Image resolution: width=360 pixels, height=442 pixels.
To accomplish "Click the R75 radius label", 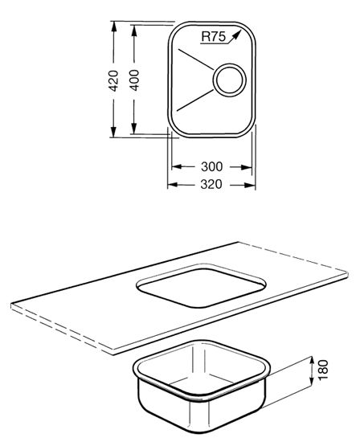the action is (x=214, y=37).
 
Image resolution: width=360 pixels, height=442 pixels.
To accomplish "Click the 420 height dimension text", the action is (x=113, y=80).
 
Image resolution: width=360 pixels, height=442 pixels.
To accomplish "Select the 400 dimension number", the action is (x=134, y=80).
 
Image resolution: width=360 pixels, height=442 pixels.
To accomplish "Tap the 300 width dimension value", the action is (x=211, y=166).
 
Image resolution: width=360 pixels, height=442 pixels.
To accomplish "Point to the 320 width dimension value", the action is (x=211, y=184).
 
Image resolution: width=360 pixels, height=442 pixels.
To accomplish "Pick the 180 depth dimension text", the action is (x=323, y=370).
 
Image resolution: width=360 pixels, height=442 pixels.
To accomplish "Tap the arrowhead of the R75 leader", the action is (x=236, y=35).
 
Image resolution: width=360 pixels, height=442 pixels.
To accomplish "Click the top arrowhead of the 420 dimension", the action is (x=113, y=27).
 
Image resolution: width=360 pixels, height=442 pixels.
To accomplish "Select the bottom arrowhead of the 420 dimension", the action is (x=113, y=132).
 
